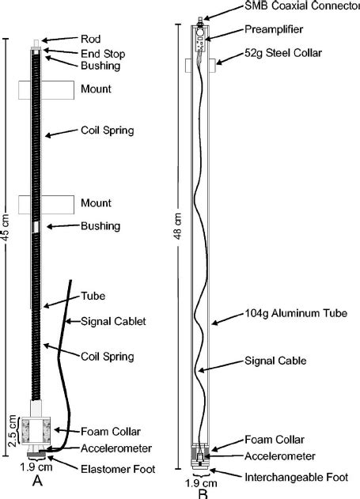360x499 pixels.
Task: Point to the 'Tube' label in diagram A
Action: point(93,296)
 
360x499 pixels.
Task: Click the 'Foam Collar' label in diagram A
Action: point(110,431)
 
